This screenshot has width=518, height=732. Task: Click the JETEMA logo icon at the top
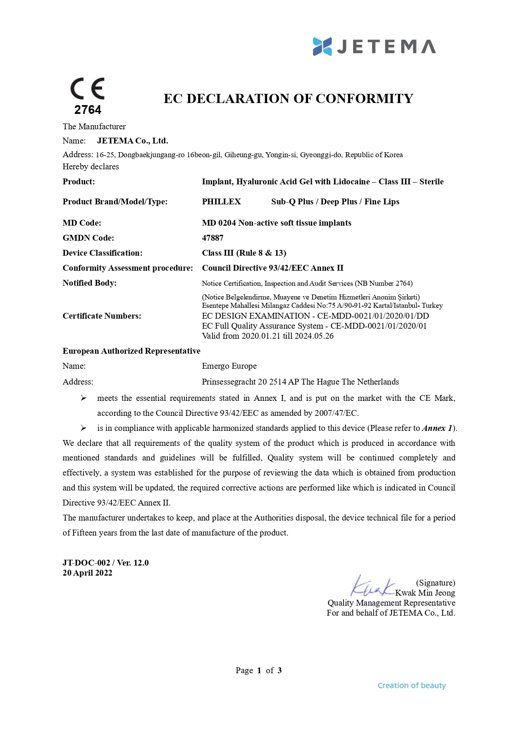(x=322, y=46)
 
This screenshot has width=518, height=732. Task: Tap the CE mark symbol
(x=87, y=88)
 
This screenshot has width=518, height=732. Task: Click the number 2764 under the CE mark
(x=88, y=110)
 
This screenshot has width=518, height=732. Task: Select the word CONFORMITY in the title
(x=364, y=98)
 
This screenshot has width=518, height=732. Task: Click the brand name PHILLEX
(x=221, y=202)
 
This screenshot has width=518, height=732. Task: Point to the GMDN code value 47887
(x=212, y=238)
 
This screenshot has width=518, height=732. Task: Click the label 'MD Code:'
(x=82, y=223)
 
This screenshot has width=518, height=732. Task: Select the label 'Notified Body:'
(x=89, y=283)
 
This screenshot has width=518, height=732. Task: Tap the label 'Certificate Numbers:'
(x=102, y=316)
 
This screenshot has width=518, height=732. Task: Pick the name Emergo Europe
(x=229, y=366)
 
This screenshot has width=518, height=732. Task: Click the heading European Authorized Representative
(x=131, y=351)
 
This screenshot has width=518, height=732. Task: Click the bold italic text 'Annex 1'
(x=437, y=428)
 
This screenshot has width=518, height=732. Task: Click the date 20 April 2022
(x=87, y=573)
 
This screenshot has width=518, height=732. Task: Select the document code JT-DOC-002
(x=86, y=563)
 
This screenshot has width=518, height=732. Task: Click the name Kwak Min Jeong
(x=425, y=593)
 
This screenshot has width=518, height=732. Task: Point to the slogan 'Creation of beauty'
(x=412, y=685)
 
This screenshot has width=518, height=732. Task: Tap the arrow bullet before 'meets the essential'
(x=83, y=398)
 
